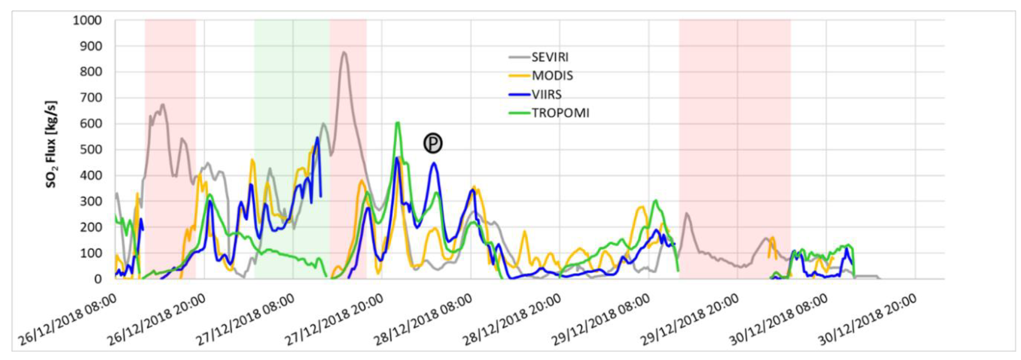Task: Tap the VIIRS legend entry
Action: [x=546, y=94]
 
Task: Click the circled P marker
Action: [x=433, y=143]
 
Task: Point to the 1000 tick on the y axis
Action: [x=87, y=20]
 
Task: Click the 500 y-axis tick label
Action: [x=91, y=149]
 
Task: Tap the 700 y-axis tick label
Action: [x=91, y=98]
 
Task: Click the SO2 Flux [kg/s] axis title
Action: [x=52, y=144]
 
